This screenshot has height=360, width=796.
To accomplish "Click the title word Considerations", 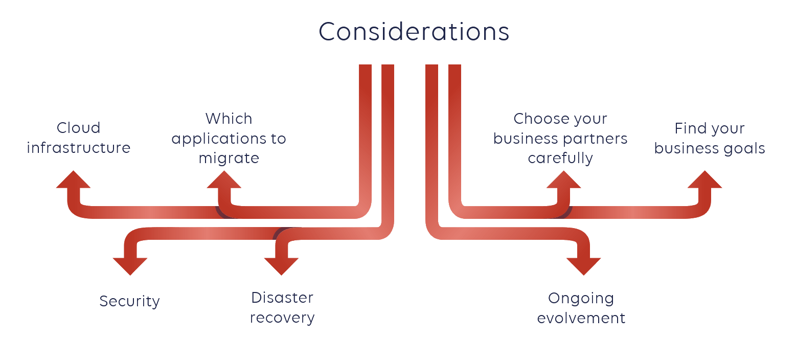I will coord(414,32).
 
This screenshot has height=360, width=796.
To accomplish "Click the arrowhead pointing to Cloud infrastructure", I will coord(74,181).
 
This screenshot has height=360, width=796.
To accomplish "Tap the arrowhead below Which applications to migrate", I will coord(224,181).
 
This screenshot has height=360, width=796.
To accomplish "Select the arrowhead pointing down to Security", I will coord(130,265).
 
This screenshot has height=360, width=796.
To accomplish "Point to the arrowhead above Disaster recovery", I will coord(281,265).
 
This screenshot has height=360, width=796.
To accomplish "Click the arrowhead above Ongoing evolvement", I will coord(583,265).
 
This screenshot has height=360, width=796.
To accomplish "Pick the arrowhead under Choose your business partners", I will coord(563,181).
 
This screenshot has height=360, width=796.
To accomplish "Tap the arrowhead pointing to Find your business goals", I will coord(704,181).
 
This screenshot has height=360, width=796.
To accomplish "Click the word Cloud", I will coord(78,128).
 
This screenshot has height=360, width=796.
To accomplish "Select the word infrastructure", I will coord(78,148).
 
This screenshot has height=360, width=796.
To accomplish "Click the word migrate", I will coord(229,159).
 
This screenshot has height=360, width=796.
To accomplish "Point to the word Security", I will coord(129,301).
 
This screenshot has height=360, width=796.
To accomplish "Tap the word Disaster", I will coord(282,298).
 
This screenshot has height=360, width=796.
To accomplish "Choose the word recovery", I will coord(282,318).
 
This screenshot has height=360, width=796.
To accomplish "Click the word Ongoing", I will coord(581,299).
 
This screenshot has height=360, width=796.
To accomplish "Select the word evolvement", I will coord(581,318).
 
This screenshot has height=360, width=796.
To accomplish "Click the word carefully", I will coord(560,159).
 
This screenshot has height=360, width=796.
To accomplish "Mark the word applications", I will coord(215,139).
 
